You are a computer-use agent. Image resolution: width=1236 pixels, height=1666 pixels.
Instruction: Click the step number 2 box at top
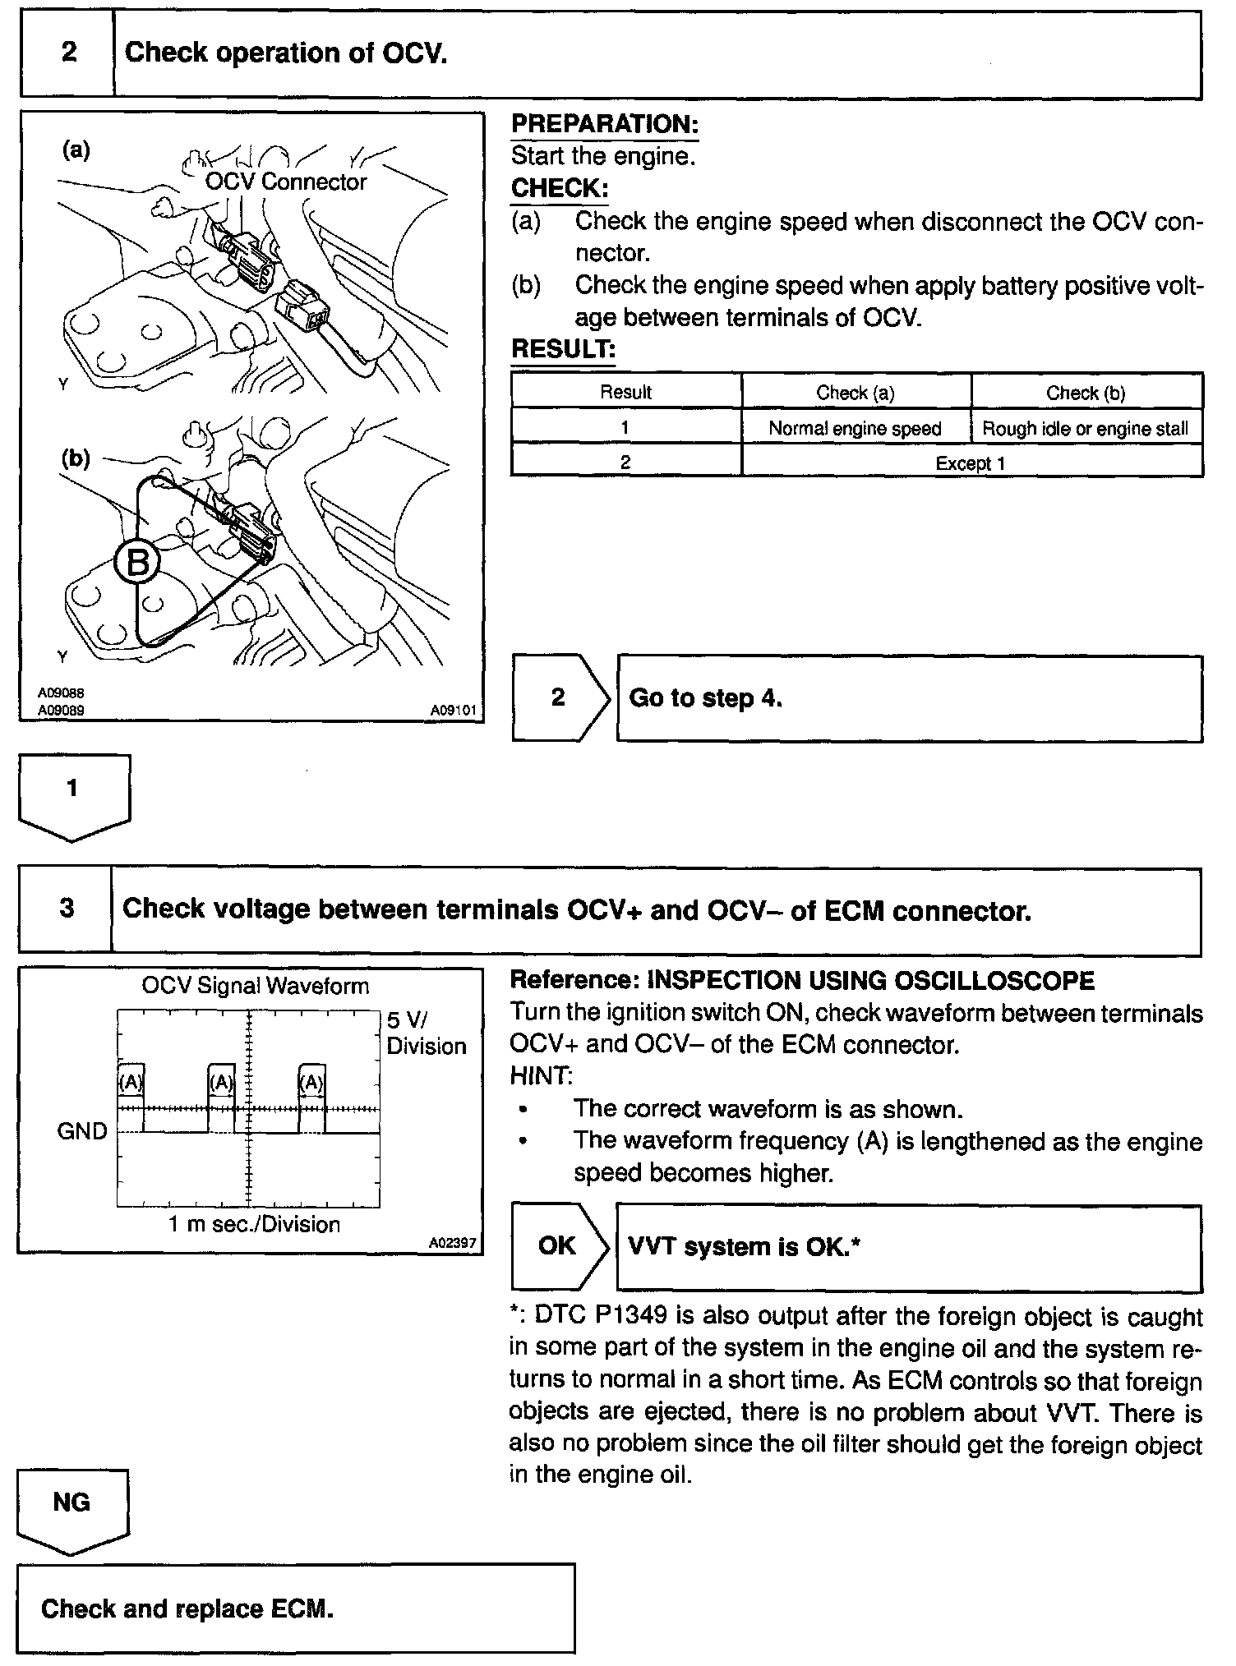click(68, 53)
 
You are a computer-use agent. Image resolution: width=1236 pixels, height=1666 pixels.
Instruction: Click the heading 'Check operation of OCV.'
click(286, 53)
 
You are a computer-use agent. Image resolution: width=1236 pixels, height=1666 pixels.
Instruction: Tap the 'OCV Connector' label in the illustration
click(285, 182)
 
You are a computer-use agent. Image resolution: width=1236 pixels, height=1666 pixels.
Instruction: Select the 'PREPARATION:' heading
click(605, 124)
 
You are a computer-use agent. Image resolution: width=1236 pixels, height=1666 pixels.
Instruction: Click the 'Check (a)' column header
click(856, 393)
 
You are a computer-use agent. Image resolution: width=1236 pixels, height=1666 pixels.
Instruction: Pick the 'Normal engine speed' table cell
click(855, 428)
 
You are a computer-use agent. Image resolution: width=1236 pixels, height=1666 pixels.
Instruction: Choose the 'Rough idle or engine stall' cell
click(1086, 428)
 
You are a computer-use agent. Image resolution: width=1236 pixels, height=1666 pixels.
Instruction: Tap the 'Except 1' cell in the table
click(971, 463)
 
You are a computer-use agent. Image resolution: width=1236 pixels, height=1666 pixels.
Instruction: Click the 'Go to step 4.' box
click(908, 698)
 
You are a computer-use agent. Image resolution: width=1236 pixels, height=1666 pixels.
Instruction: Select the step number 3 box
click(67, 909)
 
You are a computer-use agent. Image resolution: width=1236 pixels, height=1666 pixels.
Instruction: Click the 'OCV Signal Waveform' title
click(255, 985)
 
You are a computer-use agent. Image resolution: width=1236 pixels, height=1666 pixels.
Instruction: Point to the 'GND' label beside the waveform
click(82, 1131)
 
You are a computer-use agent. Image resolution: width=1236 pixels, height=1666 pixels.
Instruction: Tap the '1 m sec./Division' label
click(254, 1224)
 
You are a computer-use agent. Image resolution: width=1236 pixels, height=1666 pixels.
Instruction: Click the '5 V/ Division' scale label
click(425, 1033)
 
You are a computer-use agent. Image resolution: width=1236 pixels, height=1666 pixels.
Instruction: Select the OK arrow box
click(557, 1245)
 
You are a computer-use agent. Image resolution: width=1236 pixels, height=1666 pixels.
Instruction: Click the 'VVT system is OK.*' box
click(908, 1247)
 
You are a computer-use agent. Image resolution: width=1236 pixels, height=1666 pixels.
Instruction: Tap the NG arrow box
click(71, 1503)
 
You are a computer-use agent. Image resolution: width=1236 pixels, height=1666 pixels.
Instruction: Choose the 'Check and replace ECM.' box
click(296, 1608)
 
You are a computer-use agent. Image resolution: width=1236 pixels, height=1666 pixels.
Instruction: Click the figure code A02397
click(452, 1243)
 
